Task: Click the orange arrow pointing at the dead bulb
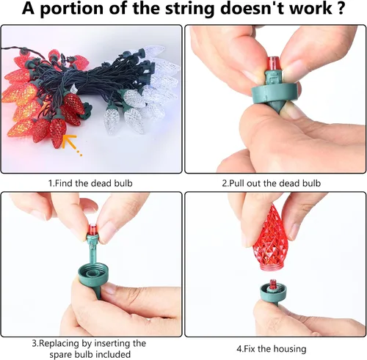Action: pyautogui.click(x=71, y=144)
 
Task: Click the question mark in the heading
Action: pyautogui.click(x=340, y=9)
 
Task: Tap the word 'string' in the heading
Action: pyautogui.click(x=187, y=10)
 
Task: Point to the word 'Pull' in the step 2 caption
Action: pyautogui.click(x=236, y=183)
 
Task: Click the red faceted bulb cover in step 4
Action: pyautogui.click(x=267, y=238)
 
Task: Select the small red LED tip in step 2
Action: pyautogui.click(x=275, y=65)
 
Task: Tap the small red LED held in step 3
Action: pyautogui.click(x=92, y=229)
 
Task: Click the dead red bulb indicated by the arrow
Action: pyautogui.click(x=58, y=131)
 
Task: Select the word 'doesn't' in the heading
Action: pyautogui.click(x=247, y=9)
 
